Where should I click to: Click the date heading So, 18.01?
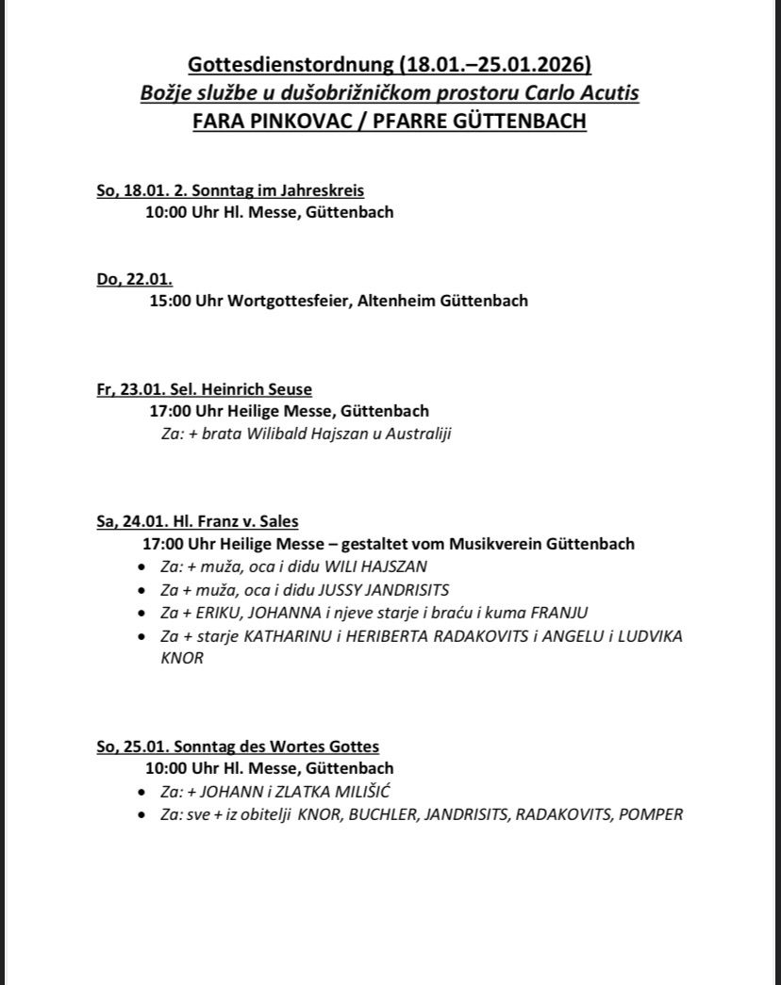point(132,190)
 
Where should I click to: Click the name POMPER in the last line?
point(651,814)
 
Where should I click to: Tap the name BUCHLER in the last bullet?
point(384,814)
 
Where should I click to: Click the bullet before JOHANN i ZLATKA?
point(141,793)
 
